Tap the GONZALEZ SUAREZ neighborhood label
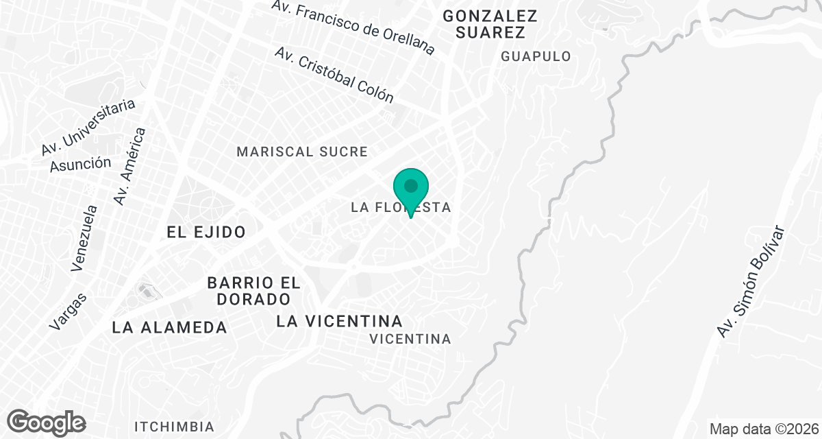click(489, 24)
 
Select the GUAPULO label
click(536, 57)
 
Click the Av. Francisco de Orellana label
click(353, 27)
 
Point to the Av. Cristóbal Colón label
click(334, 75)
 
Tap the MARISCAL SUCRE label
click(302, 152)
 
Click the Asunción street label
click(80, 164)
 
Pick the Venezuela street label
click(85, 237)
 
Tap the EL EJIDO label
click(206, 232)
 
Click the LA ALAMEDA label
click(169, 327)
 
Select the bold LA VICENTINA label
click(339, 321)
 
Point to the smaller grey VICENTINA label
click(410, 339)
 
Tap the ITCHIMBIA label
click(168, 426)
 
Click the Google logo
click(47, 422)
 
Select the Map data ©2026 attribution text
click(764, 429)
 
